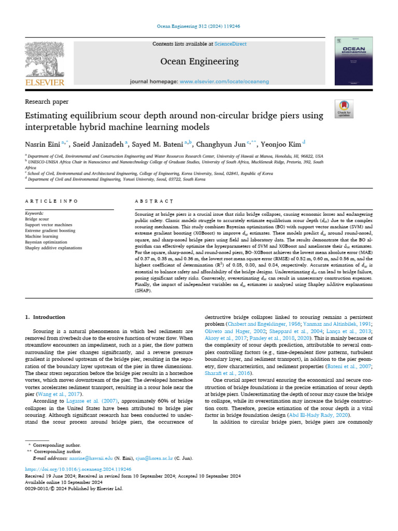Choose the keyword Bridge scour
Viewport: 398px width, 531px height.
[38, 219]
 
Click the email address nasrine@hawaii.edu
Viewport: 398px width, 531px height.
[84, 458]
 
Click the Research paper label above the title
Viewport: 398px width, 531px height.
[47, 102]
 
